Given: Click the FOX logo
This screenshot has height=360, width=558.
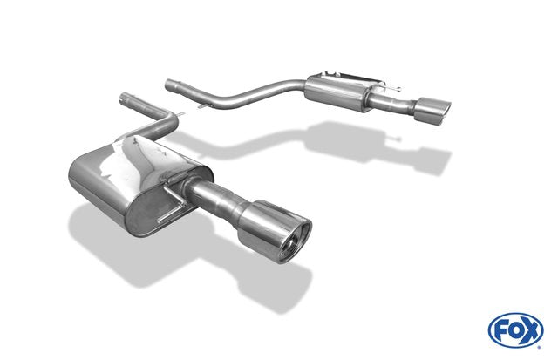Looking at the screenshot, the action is [515, 330].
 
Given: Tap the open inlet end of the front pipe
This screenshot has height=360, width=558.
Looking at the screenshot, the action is [125, 97].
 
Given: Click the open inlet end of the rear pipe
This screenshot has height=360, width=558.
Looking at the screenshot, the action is [168, 85].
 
